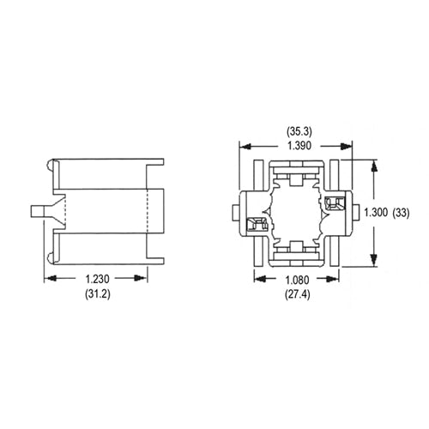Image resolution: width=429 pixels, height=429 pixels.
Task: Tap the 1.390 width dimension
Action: pyautogui.click(x=298, y=147)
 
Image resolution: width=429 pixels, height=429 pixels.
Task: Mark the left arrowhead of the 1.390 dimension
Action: pyautogui.click(x=242, y=147)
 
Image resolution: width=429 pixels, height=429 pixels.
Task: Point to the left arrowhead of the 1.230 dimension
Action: pyautogui.click(x=47, y=279)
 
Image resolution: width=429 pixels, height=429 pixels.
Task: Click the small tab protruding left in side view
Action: pyautogui.click(x=38, y=211)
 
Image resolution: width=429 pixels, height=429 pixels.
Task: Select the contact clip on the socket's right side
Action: pyautogui.click(x=335, y=203)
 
